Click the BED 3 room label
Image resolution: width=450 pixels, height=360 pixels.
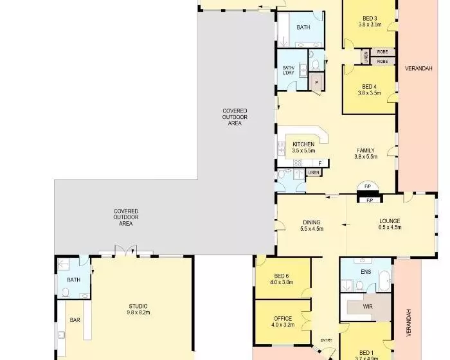370,19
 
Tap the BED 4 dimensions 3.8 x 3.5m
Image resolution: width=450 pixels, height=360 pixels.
370,93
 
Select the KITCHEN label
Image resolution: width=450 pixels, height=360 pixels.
303,144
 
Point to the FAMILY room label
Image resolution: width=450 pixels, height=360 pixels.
366,150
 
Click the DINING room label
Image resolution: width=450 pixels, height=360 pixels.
312,222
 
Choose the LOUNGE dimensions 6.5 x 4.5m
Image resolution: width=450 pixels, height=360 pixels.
390,228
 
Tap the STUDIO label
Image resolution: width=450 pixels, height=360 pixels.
138,306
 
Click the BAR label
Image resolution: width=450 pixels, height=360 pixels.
75,319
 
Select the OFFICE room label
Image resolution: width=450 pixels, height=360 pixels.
283,318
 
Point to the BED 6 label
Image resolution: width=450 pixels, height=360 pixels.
282,276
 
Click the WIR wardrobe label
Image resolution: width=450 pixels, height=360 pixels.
368,307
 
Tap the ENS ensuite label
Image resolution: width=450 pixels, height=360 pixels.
366,271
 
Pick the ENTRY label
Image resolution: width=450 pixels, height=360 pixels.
327,340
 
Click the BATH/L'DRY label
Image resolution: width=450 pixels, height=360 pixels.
289,70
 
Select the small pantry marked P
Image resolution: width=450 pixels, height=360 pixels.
316,82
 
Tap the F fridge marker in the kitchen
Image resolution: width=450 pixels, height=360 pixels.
320,164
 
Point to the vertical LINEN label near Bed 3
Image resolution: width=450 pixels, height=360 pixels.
366,57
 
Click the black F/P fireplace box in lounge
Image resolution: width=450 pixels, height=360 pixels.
370,200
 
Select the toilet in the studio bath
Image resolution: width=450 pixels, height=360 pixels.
66,292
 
